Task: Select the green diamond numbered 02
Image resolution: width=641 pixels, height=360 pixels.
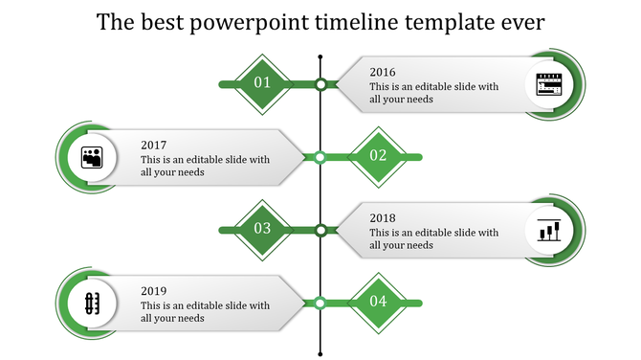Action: pyautogui.click(x=378, y=156)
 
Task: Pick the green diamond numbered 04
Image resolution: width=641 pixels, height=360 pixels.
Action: pyautogui.click(x=378, y=302)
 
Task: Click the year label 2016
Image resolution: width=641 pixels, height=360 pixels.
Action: pyautogui.click(x=383, y=72)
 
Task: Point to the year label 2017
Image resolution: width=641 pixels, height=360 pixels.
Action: pyautogui.click(x=154, y=146)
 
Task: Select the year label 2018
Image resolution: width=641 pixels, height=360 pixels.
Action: pyautogui.click(x=383, y=218)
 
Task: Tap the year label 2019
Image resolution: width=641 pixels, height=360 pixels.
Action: pyautogui.click(x=154, y=291)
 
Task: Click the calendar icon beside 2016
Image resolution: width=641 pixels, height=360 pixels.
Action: pyautogui.click(x=548, y=84)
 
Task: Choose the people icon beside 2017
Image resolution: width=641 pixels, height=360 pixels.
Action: pyautogui.click(x=93, y=157)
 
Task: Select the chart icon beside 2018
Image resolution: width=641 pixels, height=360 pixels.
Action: pyautogui.click(x=548, y=231)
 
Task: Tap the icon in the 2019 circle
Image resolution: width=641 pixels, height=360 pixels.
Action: pyautogui.click(x=93, y=304)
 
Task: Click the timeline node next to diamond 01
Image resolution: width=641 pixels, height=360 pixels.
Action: pyautogui.click(x=321, y=84)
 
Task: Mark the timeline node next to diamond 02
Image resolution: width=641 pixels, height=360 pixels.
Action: pyautogui.click(x=321, y=157)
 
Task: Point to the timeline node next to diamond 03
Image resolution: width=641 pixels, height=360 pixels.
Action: pyautogui.click(x=321, y=230)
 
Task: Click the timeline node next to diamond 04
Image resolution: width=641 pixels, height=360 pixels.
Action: pyautogui.click(x=321, y=303)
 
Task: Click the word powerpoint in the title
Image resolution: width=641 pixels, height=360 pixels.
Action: pyautogui.click(x=251, y=23)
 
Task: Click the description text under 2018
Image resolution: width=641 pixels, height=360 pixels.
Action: pyautogui.click(x=433, y=238)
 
